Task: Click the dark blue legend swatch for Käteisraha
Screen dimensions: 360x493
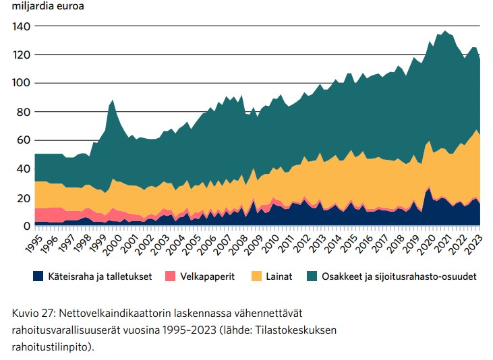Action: (39, 276)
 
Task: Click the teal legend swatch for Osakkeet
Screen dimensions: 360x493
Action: (312, 276)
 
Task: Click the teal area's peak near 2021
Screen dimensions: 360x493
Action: (444, 31)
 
